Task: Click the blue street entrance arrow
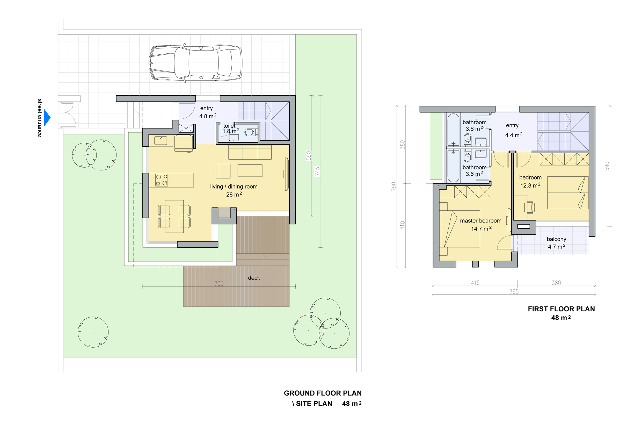(x=47, y=117)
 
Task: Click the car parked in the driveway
(x=195, y=63)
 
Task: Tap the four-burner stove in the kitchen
(x=162, y=180)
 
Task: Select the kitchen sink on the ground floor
(x=160, y=141)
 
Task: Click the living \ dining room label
(x=234, y=187)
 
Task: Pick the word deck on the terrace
(x=254, y=278)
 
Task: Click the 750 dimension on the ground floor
(x=219, y=284)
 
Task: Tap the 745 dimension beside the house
(x=317, y=171)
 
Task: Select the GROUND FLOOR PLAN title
(x=323, y=393)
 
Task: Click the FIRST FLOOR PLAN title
(x=561, y=309)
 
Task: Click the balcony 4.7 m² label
(x=557, y=243)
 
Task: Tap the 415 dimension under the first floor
(x=475, y=283)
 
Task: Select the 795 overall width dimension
(x=514, y=291)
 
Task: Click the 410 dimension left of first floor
(x=403, y=225)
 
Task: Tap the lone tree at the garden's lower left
(x=93, y=332)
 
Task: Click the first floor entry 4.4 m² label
(x=513, y=130)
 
